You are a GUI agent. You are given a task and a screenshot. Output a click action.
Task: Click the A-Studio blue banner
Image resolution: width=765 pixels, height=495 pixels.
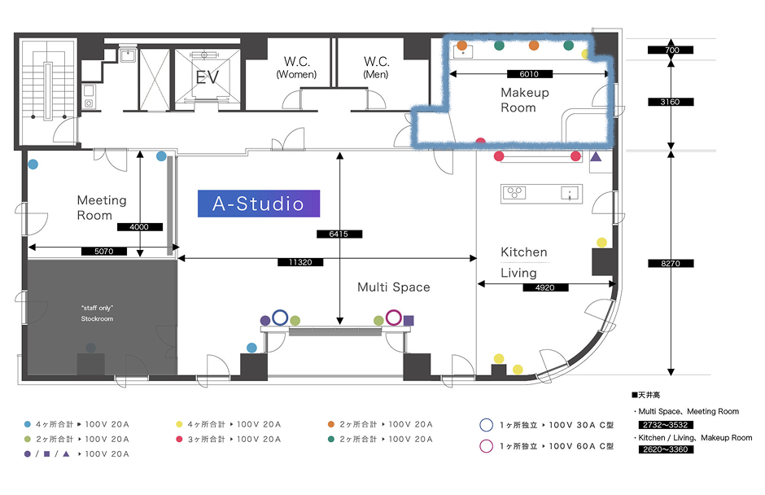[259, 204]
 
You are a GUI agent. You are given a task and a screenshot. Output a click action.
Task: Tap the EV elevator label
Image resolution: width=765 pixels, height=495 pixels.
[208, 77]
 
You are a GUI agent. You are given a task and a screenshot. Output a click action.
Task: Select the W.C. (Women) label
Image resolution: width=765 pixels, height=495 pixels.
[296, 68]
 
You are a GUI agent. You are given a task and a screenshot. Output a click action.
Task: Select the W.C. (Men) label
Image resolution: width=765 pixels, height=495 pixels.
[376, 68]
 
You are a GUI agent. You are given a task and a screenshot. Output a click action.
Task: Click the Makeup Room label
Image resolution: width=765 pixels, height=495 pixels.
[524, 100]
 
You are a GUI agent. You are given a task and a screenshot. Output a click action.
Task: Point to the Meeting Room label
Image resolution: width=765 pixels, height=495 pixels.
[102, 208]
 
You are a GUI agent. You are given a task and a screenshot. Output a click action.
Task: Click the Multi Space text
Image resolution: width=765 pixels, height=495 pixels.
[394, 287]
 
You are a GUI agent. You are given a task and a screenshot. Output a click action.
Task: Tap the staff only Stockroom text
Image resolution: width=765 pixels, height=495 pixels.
[97, 313]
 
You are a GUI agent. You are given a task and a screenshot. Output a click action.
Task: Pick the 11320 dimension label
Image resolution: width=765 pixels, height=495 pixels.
[300, 262]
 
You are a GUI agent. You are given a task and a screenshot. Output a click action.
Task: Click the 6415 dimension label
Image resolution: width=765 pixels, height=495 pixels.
[339, 234]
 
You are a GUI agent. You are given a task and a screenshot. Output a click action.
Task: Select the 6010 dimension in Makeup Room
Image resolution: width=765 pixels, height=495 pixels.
[529, 74]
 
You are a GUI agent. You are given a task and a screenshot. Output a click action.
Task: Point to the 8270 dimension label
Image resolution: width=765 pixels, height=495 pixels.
[671, 264]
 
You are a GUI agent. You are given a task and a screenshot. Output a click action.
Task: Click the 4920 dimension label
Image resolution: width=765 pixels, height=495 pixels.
[545, 287]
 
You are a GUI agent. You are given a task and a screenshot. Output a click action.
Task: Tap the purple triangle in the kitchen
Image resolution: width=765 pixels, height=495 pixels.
[596, 156]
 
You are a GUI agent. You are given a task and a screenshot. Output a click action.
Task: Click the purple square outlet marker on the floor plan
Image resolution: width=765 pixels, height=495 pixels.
[409, 321]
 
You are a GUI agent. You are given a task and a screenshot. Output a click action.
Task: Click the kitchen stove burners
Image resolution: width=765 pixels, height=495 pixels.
[514, 192]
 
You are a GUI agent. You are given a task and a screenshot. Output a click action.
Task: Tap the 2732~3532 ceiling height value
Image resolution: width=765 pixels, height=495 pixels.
[666, 425]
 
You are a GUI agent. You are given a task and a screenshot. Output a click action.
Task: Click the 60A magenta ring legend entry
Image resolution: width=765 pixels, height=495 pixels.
[546, 446]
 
